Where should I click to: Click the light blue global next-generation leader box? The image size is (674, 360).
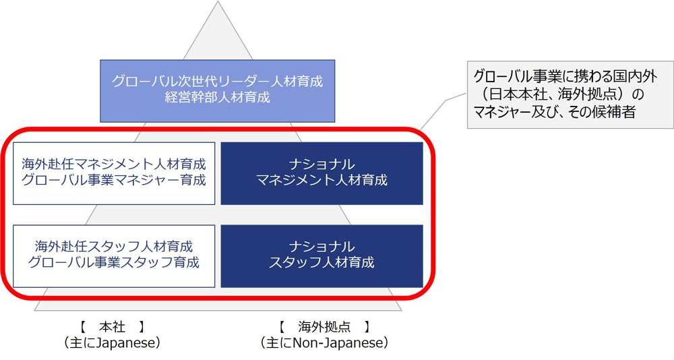click(218, 91)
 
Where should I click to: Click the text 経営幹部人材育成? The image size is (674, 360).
click(218, 97)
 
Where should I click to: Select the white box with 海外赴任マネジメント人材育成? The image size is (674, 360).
click(114, 173)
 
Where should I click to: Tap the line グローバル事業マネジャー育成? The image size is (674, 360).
click(114, 180)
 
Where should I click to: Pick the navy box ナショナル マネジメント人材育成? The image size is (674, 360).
click(322, 173)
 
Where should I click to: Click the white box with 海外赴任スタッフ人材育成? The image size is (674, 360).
click(114, 256)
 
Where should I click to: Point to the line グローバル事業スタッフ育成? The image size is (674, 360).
click(114, 262)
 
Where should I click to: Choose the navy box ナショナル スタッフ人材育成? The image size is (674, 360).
click(322, 256)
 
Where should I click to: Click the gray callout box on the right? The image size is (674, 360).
click(570, 94)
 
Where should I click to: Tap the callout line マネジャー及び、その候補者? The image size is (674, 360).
click(555, 113)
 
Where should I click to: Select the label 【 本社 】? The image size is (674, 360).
click(112, 327)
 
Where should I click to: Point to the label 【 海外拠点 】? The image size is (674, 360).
click(325, 327)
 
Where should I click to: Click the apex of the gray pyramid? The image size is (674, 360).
click(218, 1)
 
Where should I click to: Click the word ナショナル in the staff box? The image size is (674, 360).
click(322, 247)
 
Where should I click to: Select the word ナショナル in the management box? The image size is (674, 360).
click(322, 164)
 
